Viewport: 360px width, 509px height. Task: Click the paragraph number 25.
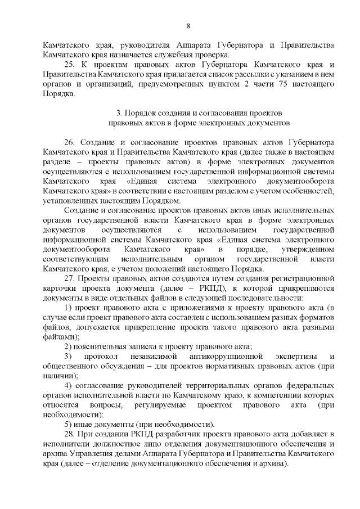pos(70,65)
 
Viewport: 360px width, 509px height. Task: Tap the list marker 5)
pos(69,424)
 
